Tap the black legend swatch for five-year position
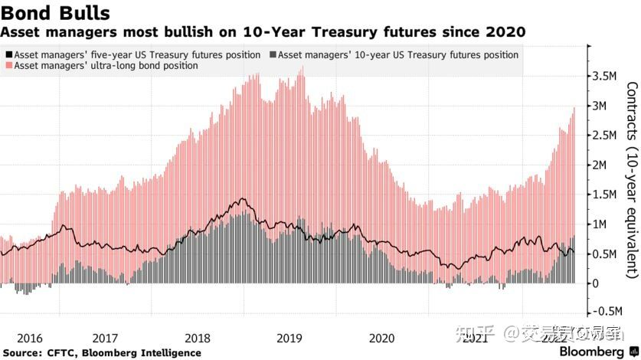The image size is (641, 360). (8, 55)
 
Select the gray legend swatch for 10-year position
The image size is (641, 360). (273, 55)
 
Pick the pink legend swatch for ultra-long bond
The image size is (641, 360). (8, 67)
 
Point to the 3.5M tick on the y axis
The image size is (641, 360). (603, 76)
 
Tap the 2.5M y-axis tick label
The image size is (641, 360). (603, 136)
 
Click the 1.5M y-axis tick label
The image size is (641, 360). (603, 195)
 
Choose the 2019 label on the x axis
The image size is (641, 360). (289, 338)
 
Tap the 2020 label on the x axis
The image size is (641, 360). (381, 338)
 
